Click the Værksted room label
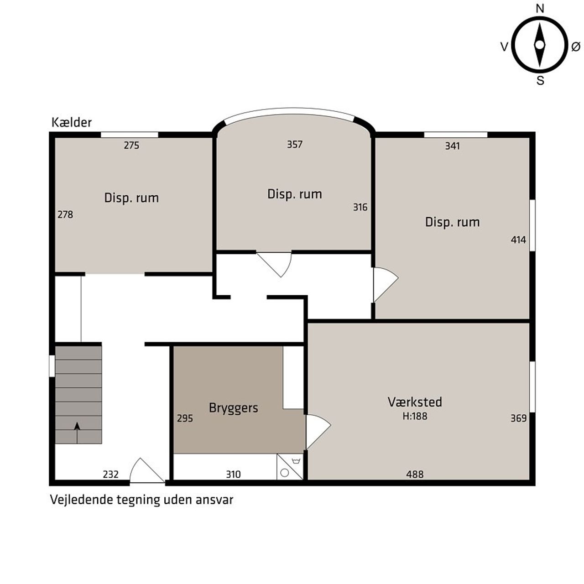click(415, 402)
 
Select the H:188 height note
click(415, 416)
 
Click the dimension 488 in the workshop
click(415, 474)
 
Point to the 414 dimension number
click(518, 240)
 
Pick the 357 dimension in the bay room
click(295, 144)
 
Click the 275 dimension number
click(131, 146)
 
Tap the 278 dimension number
click(65, 214)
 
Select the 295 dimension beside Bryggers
click(185, 418)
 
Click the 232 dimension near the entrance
click(110, 474)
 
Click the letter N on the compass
click(540, 9)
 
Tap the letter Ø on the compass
click(576, 47)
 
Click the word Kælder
click(72, 122)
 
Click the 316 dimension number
click(360, 207)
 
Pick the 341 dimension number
click(452, 146)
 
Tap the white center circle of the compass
click(539, 45)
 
